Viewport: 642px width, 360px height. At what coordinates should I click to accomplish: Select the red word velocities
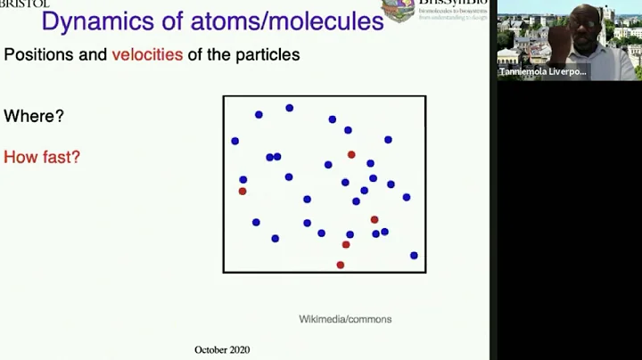click(147, 55)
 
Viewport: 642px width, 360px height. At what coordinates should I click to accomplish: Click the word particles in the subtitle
click(267, 55)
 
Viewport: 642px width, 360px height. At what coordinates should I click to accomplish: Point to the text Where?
click(34, 117)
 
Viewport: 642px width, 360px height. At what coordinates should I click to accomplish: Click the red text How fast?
click(42, 158)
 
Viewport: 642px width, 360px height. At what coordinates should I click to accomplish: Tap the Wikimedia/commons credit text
click(345, 319)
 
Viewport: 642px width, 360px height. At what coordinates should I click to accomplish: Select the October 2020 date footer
click(222, 349)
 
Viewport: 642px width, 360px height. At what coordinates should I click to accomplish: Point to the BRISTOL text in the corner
click(25, 4)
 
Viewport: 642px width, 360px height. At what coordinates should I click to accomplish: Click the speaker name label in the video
click(544, 71)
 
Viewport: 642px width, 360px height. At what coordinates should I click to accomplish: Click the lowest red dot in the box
click(340, 265)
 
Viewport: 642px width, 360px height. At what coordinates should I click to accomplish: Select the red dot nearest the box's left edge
click(243, 191)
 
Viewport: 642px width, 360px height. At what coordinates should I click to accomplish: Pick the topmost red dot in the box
click(351, 155)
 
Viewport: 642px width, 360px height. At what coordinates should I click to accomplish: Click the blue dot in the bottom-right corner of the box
click(414, 256)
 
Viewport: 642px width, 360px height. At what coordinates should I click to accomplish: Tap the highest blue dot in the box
click(289, 108)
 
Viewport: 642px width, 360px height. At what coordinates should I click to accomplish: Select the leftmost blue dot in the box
click(235, 141)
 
